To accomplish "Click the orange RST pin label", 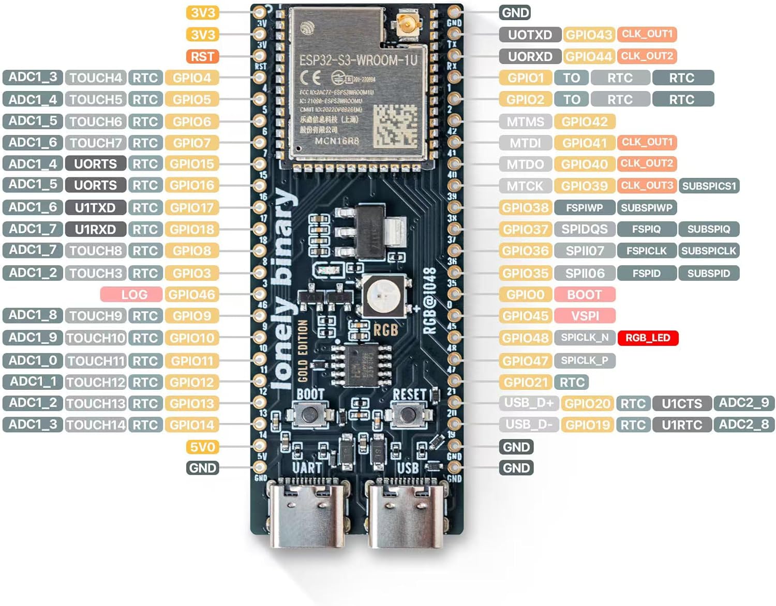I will (202, 56).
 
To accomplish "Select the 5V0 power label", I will (202, 447).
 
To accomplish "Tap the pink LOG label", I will (133, 295).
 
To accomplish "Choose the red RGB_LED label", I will (648, 338).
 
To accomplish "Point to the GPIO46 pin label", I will (191, 295).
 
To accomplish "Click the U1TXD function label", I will (95, 208).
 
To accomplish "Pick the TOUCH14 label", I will (96, 425).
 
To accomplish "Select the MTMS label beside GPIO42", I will (525, 122).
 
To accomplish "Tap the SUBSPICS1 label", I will (709, 186).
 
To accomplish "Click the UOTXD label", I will (530, 35).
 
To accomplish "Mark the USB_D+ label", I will (529, 403).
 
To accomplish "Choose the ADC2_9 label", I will (743, 403).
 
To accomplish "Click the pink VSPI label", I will (585, 315).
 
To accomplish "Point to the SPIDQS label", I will (585, 229).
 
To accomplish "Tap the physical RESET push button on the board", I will (408, 414).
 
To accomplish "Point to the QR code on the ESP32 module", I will (395, 125).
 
